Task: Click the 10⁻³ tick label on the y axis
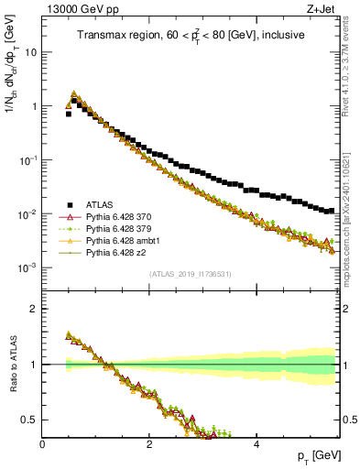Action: [x=29, y=268]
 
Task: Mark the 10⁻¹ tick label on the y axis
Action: [x=29, y=160]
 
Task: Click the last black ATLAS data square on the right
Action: [x=332, y=211]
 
